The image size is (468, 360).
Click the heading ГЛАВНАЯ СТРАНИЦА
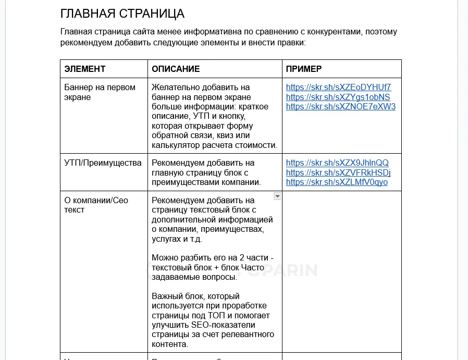(x=122, y=13)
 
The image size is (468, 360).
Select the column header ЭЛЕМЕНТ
(x=85, y=69)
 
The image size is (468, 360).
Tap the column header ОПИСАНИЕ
(x=176, y=69)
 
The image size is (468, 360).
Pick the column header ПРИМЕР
(x=304, y=69)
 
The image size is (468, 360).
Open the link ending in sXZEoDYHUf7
(x=338, y=87)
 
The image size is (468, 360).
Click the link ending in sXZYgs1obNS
(x=338, y=97)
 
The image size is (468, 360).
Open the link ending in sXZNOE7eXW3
(x=341, y=107)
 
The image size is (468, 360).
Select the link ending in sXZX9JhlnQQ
(x=337, y=163)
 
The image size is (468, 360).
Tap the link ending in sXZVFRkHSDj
(x=338, y=172)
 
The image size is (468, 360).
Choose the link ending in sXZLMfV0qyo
(x=337, y=182)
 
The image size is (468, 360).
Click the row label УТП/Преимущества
(x=103, y=163)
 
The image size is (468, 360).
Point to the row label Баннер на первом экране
(x=100, y=92)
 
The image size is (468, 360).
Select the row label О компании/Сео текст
(x=96, y=205)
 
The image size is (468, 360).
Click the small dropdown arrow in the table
(x=277, y=196)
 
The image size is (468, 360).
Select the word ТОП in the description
(x=216, y=315)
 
